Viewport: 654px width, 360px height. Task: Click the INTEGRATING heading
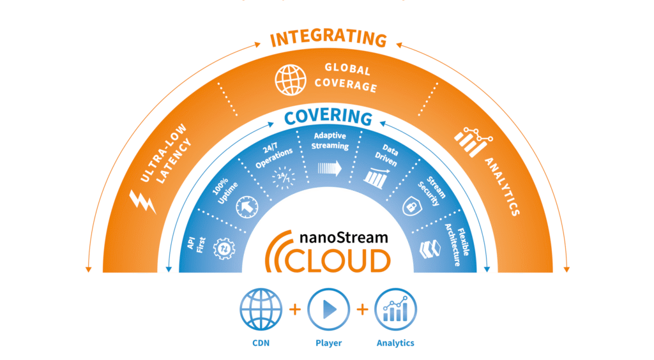coord(328,40)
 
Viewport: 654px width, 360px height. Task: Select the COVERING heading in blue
coord(328,117)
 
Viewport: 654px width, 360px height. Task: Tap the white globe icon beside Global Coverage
coord(291,80)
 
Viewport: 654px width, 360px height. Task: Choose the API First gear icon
coord(224,248)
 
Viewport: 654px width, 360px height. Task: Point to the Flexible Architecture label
coord(458,239)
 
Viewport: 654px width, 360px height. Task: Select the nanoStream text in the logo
coord(343,237)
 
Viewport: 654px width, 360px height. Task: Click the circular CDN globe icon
coord(261,310)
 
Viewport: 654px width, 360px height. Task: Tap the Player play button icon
coord(328,310)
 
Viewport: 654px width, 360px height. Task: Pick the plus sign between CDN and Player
coord(294,310)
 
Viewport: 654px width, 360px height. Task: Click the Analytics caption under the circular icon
coord(395,343)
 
